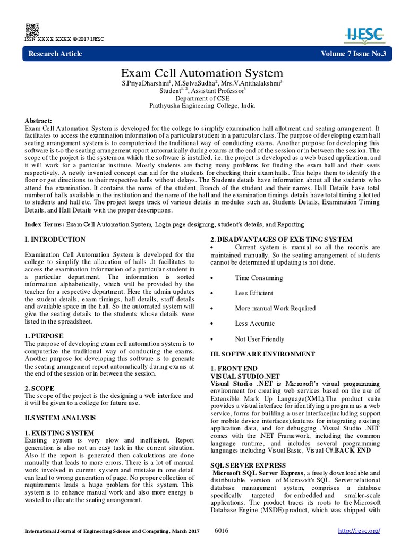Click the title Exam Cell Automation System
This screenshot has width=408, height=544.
204,72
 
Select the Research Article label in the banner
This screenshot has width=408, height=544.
55,54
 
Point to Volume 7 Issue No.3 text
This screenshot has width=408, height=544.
353,54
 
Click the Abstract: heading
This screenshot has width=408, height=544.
39,121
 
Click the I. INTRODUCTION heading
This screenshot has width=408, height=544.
55,240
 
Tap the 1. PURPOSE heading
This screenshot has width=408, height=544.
44,336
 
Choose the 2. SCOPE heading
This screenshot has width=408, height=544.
40,388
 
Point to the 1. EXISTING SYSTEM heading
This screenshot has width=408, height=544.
59,433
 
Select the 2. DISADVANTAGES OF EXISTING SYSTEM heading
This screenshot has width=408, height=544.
281,240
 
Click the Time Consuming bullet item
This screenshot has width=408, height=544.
259,278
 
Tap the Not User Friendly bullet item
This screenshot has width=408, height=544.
259,339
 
